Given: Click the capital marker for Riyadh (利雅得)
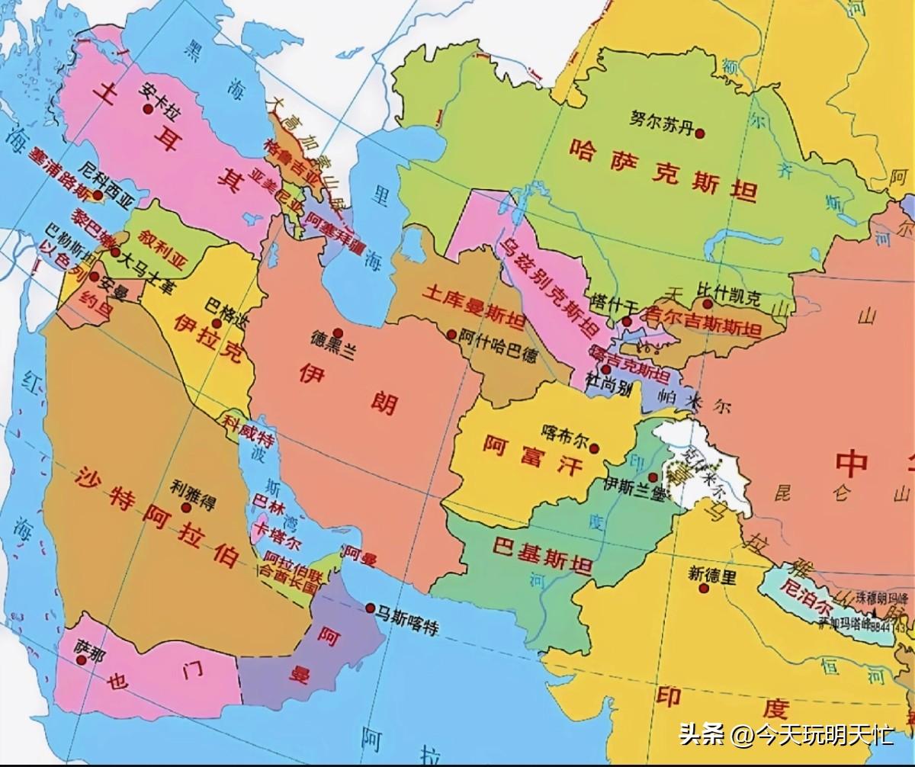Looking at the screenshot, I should [185, 506].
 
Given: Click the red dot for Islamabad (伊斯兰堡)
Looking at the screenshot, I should [653, 477].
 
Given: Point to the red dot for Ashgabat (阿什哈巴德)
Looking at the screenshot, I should [452, 334].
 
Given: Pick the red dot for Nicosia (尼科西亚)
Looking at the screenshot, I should [98, 195].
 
